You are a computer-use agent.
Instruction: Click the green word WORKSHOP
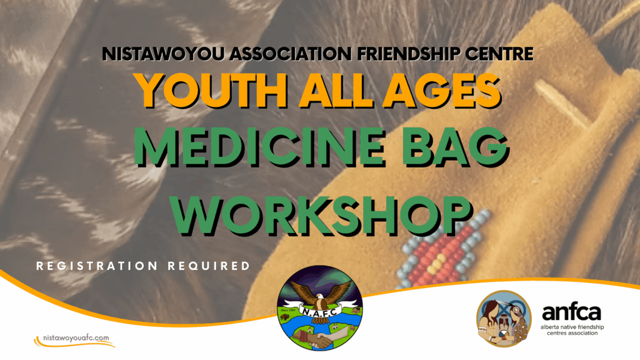pyautogui.click(x=322, y=215)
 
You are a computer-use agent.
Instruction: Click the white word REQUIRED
pyautogui.click(x=209, y=266)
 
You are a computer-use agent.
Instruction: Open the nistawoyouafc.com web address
pyautogui.click(x=76, y=338)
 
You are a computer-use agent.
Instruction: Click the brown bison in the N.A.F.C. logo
pyautogui.click(x=285, y=317)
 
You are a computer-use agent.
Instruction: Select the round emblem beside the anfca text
pyautogui.click(x=504, y=318)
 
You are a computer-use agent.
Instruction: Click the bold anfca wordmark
pyautogui.click(x=571, y=313)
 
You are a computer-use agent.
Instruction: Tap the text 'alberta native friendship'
pyautogui.click(x=572, y=327)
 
